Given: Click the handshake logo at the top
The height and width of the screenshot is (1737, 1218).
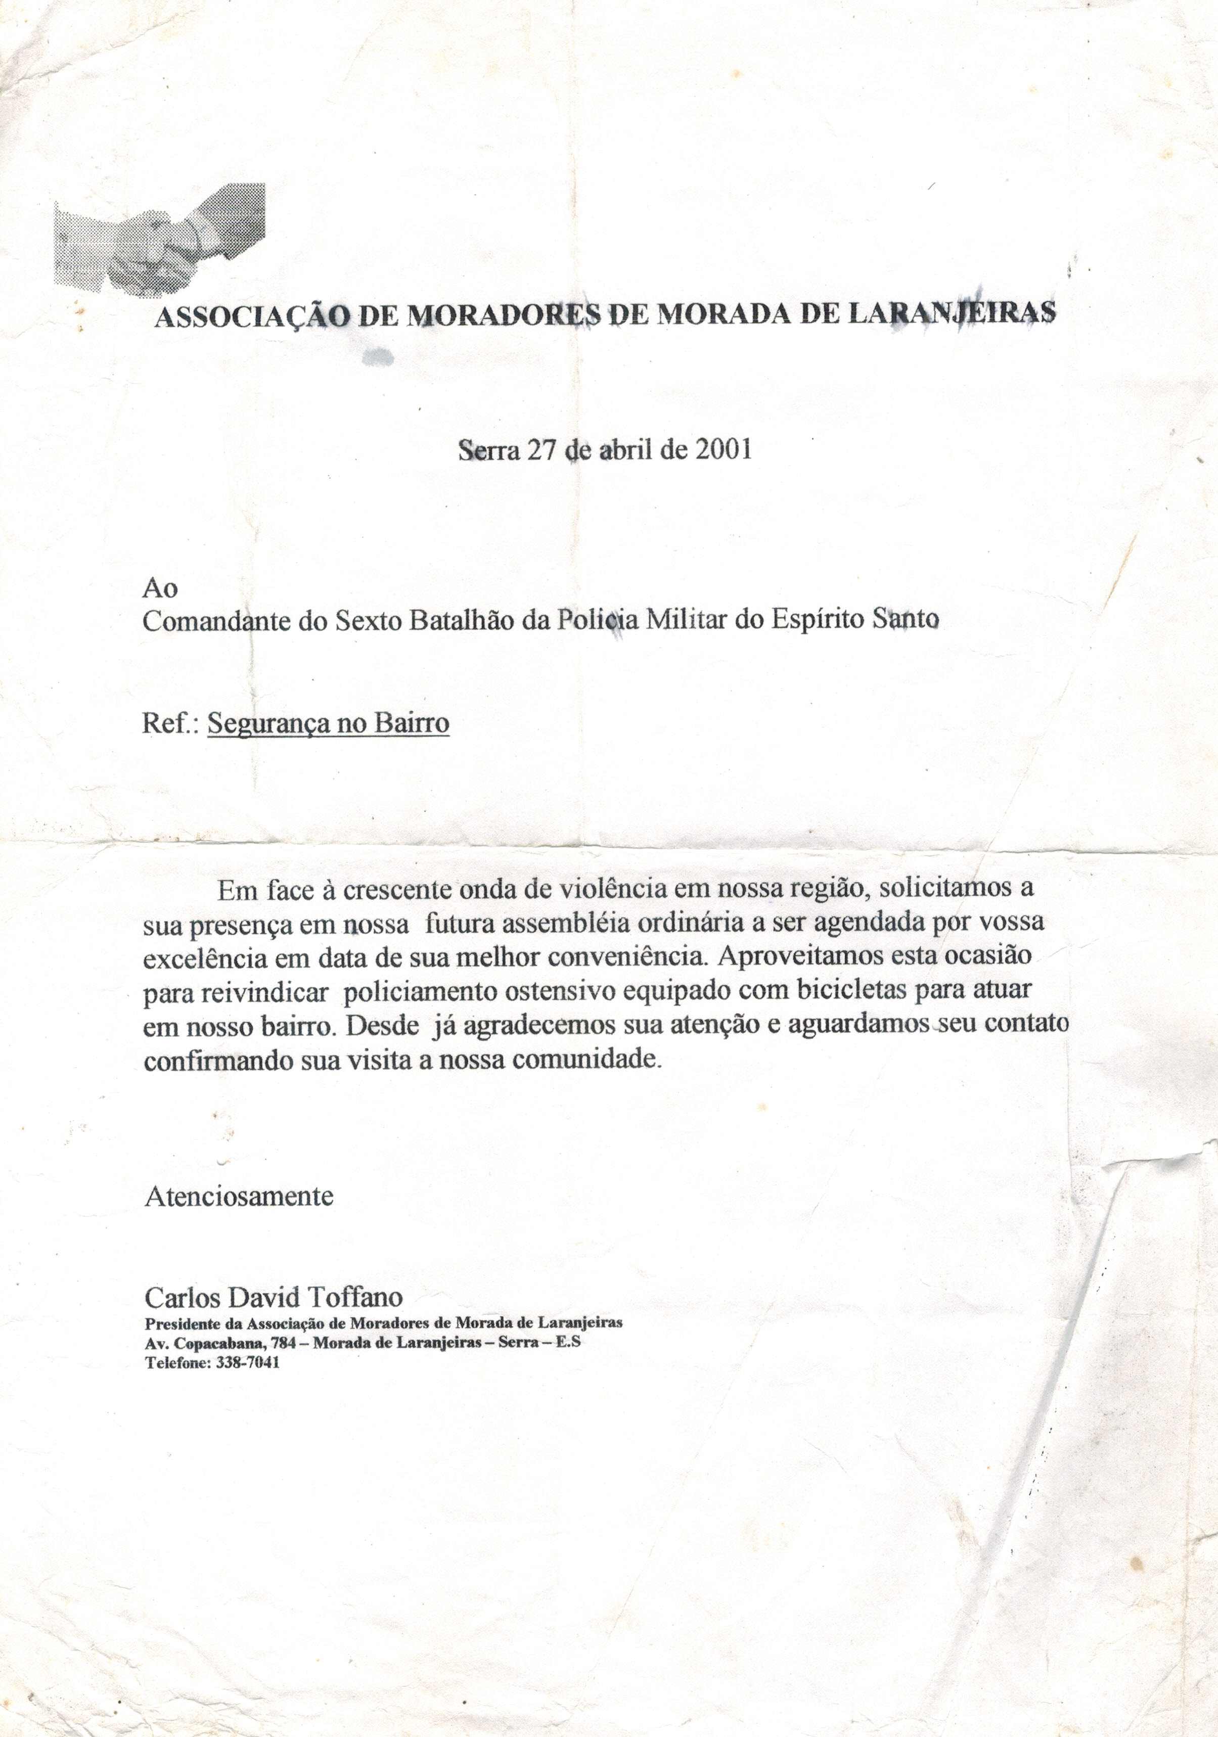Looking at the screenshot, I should click(160, 239).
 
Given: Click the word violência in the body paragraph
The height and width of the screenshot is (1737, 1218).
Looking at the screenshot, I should click(612, 888).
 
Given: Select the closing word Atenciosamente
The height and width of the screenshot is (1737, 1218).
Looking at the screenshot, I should click(238, 1196).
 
